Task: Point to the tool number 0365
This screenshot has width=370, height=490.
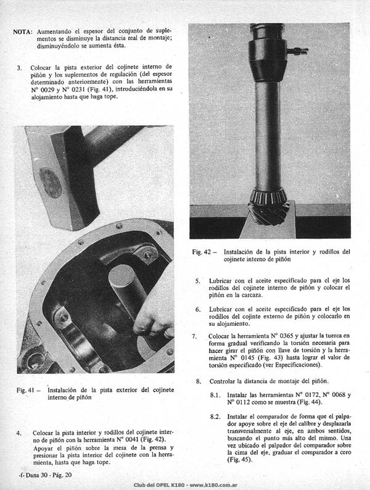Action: coord(287,336)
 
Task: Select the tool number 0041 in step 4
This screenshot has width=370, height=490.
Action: coord(133,440)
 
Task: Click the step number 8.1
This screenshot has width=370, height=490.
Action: coord(215,396)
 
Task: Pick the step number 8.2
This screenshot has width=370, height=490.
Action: coord(215,417)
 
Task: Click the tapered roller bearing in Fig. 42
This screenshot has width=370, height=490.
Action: coord(268,196)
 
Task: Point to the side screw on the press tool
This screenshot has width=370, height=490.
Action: coord(298,51)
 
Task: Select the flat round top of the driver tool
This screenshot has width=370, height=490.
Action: coord(121,274)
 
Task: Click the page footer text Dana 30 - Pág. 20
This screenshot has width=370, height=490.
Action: coord(49,475)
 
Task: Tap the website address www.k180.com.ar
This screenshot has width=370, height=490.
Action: coord(213,485)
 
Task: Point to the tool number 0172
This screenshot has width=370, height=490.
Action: coord(311,395)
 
